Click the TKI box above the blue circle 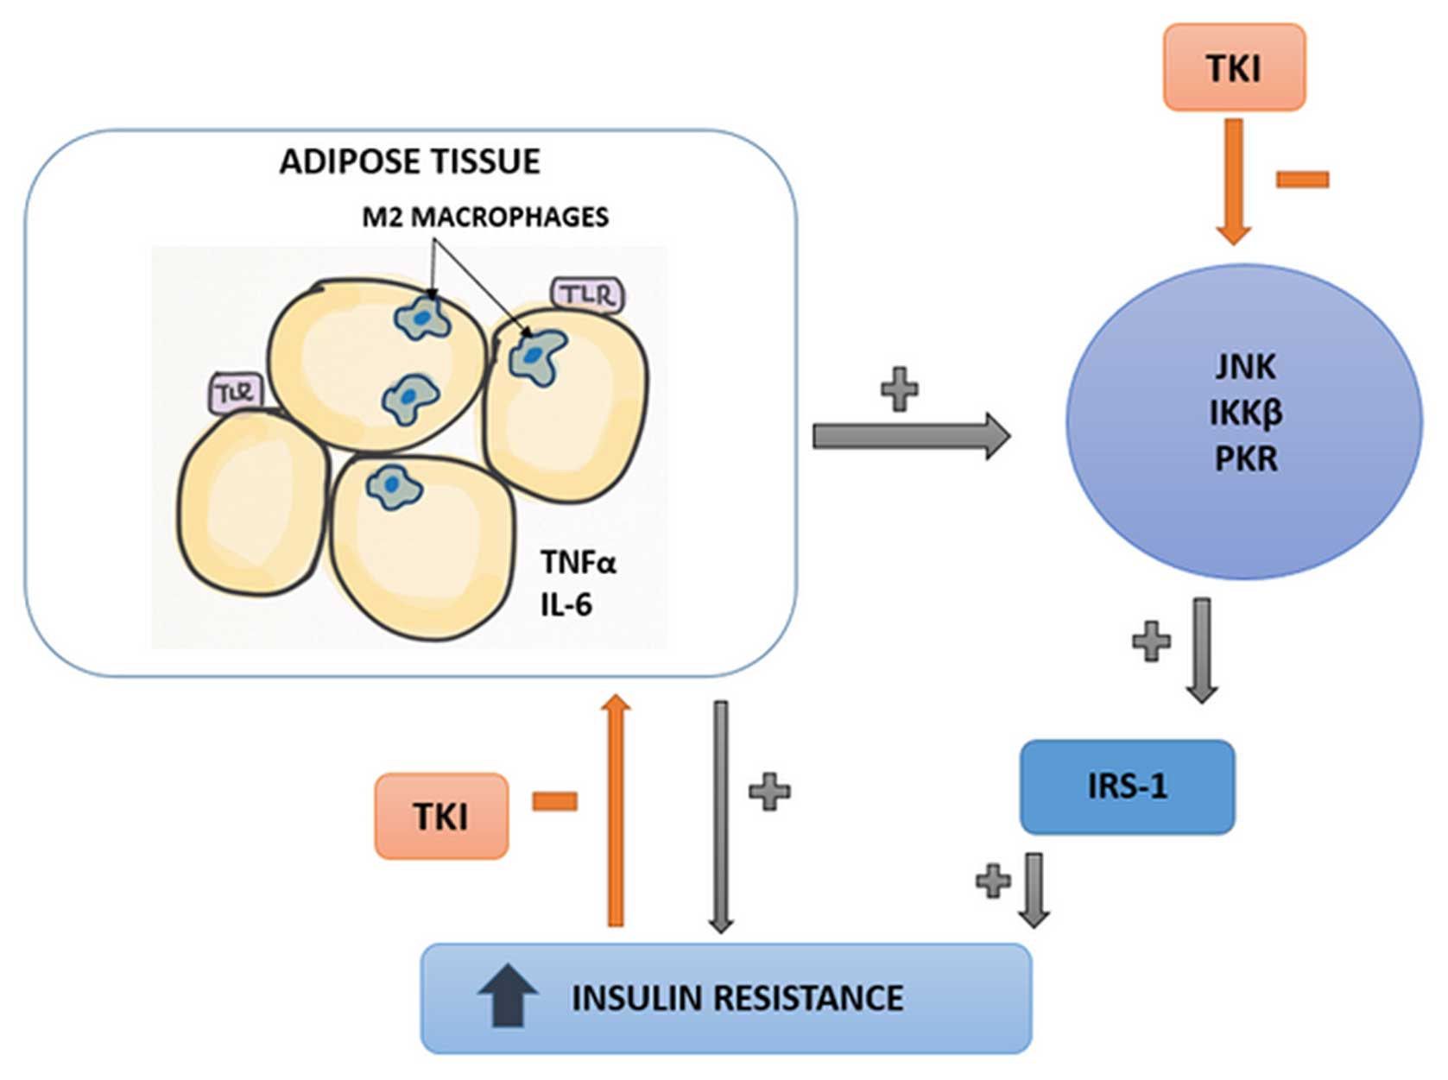[1233, 67]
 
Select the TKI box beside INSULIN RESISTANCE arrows [441, 816]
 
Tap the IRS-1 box [1127, 786]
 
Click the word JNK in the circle [1244, 367]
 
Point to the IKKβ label [1245, 413]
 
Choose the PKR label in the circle [1245, 458]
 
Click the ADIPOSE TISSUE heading [409, 161]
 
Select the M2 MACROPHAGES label [484, 216]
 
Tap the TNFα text [579, 563]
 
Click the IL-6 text [566, 605]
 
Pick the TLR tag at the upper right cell [587, 295]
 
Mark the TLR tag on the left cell [236, 394]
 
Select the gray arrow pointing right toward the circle [910, 436]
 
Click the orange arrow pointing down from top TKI [1233, 181]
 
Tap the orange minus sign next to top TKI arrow [1302, 180]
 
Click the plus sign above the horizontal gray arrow [899, 388]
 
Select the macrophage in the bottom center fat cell [393, 487]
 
